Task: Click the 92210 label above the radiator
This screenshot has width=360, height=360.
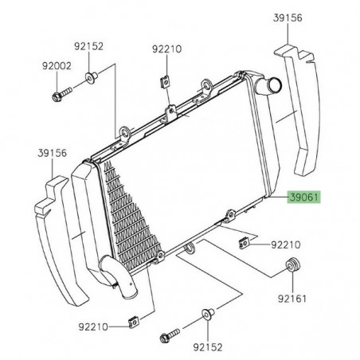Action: [168, 49]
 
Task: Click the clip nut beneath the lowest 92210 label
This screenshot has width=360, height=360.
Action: [131, 323]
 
